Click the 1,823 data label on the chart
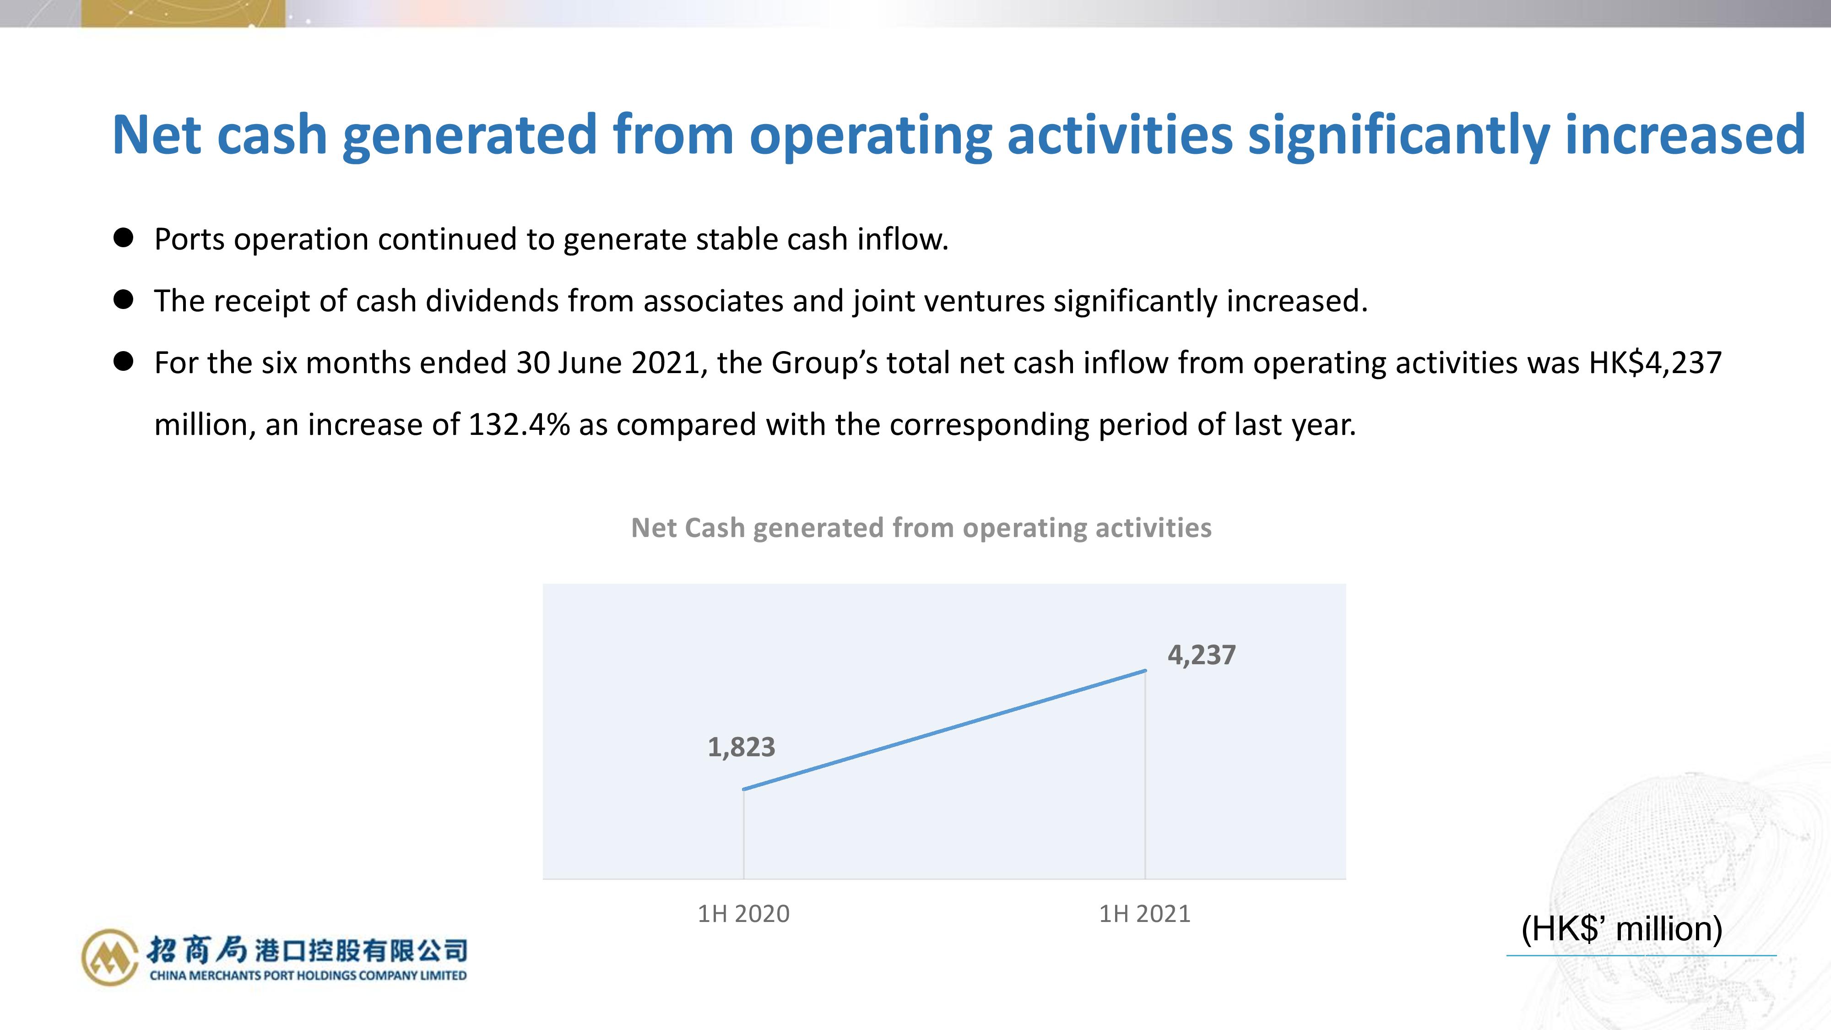coord(742,747)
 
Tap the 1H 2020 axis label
coord(743,913)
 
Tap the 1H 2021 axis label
coord(1144,913)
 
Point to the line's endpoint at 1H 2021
coord(1145,670)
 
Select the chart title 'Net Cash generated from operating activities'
coord(921,528)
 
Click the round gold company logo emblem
coord(109,957)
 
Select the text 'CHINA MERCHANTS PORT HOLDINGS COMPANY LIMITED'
coord(308,975)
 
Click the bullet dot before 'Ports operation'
coord(124,238)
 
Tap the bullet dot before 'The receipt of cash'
coord(124,299)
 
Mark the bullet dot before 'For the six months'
coord(124,361)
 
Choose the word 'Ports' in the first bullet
coord(190,239)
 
